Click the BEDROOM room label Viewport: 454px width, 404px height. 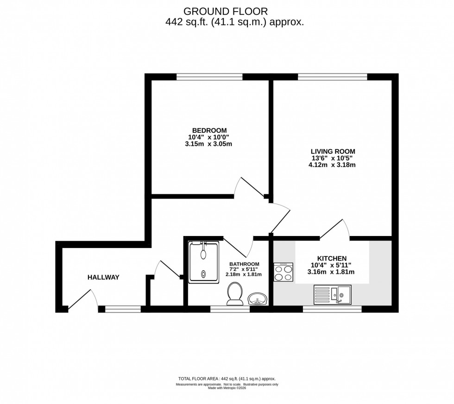pyautogui.click(x=209, y=130)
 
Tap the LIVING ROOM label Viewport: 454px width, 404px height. pyautogui.click(x=333, y=151)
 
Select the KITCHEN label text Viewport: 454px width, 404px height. pyautogui.click(x=332, y=258)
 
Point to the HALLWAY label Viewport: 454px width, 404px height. pyautogui.click(x=103, y=277)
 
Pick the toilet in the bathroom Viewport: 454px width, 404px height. pyautogui.click(x=235, y=294)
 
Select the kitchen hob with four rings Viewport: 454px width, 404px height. pyautogui.click(x=284, y=272)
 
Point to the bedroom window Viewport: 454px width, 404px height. pyautogui.click(x=209, y=77)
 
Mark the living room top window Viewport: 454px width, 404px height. pyautogui.click(x=332, y=77)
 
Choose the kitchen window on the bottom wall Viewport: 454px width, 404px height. pyautogui.click(x=332, y=309)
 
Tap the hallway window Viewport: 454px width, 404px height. pyautogui.click(x=123, y=309)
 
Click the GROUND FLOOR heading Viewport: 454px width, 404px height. pyautogui.click(x=226, y=11)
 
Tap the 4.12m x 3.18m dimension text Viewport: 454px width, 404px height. pyautogui.click(x=333, y=165)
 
